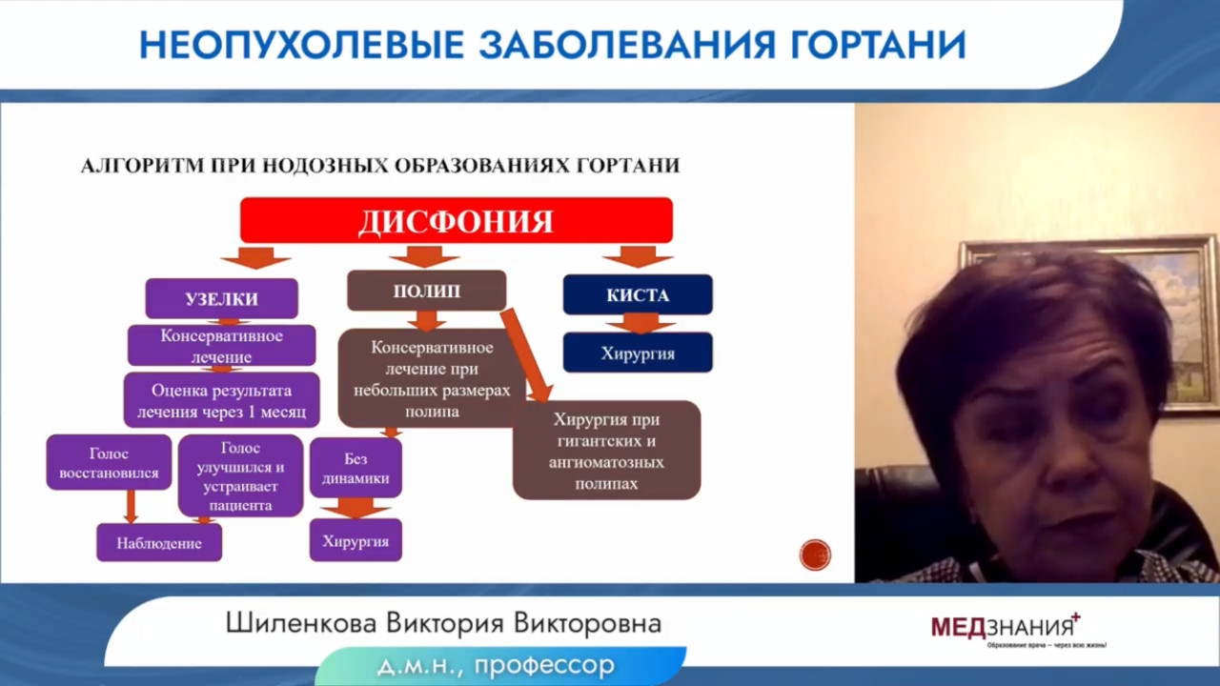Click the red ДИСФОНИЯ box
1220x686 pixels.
click(x=457, y=220)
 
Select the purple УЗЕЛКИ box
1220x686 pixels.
click(x=222, y=298)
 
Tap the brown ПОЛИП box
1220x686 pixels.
click(x=426, y=291)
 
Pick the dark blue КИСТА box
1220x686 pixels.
click(x=638, y=294)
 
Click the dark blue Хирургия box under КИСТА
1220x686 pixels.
click(x=638, y=353)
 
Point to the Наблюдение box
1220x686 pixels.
click(x=159, y=543)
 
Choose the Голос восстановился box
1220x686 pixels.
click(x=109, y=462)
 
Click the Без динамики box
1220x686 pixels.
click(x=356, y=468)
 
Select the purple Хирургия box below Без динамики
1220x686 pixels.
click(x=356, y=540)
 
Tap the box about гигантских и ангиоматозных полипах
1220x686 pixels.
click(x=607, y=451)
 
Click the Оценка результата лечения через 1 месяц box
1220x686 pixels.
click(x=222, y=400)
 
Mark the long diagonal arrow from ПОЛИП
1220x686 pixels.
click(x=527, y=356)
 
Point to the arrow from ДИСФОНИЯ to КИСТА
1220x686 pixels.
click(x=638, y=256)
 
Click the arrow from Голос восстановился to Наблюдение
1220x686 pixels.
click(x=131, y=507)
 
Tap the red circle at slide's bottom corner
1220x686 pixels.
click(x=815, y=555)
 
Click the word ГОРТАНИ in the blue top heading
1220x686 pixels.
click(x=878, y=45)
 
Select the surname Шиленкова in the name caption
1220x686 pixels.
click(x=301, y=623)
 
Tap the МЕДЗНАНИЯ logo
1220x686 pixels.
click(x=1006, y=630)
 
